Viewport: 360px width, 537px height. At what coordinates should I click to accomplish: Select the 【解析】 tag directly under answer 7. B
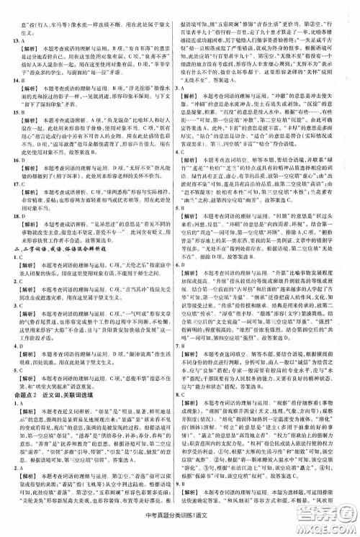201,351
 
